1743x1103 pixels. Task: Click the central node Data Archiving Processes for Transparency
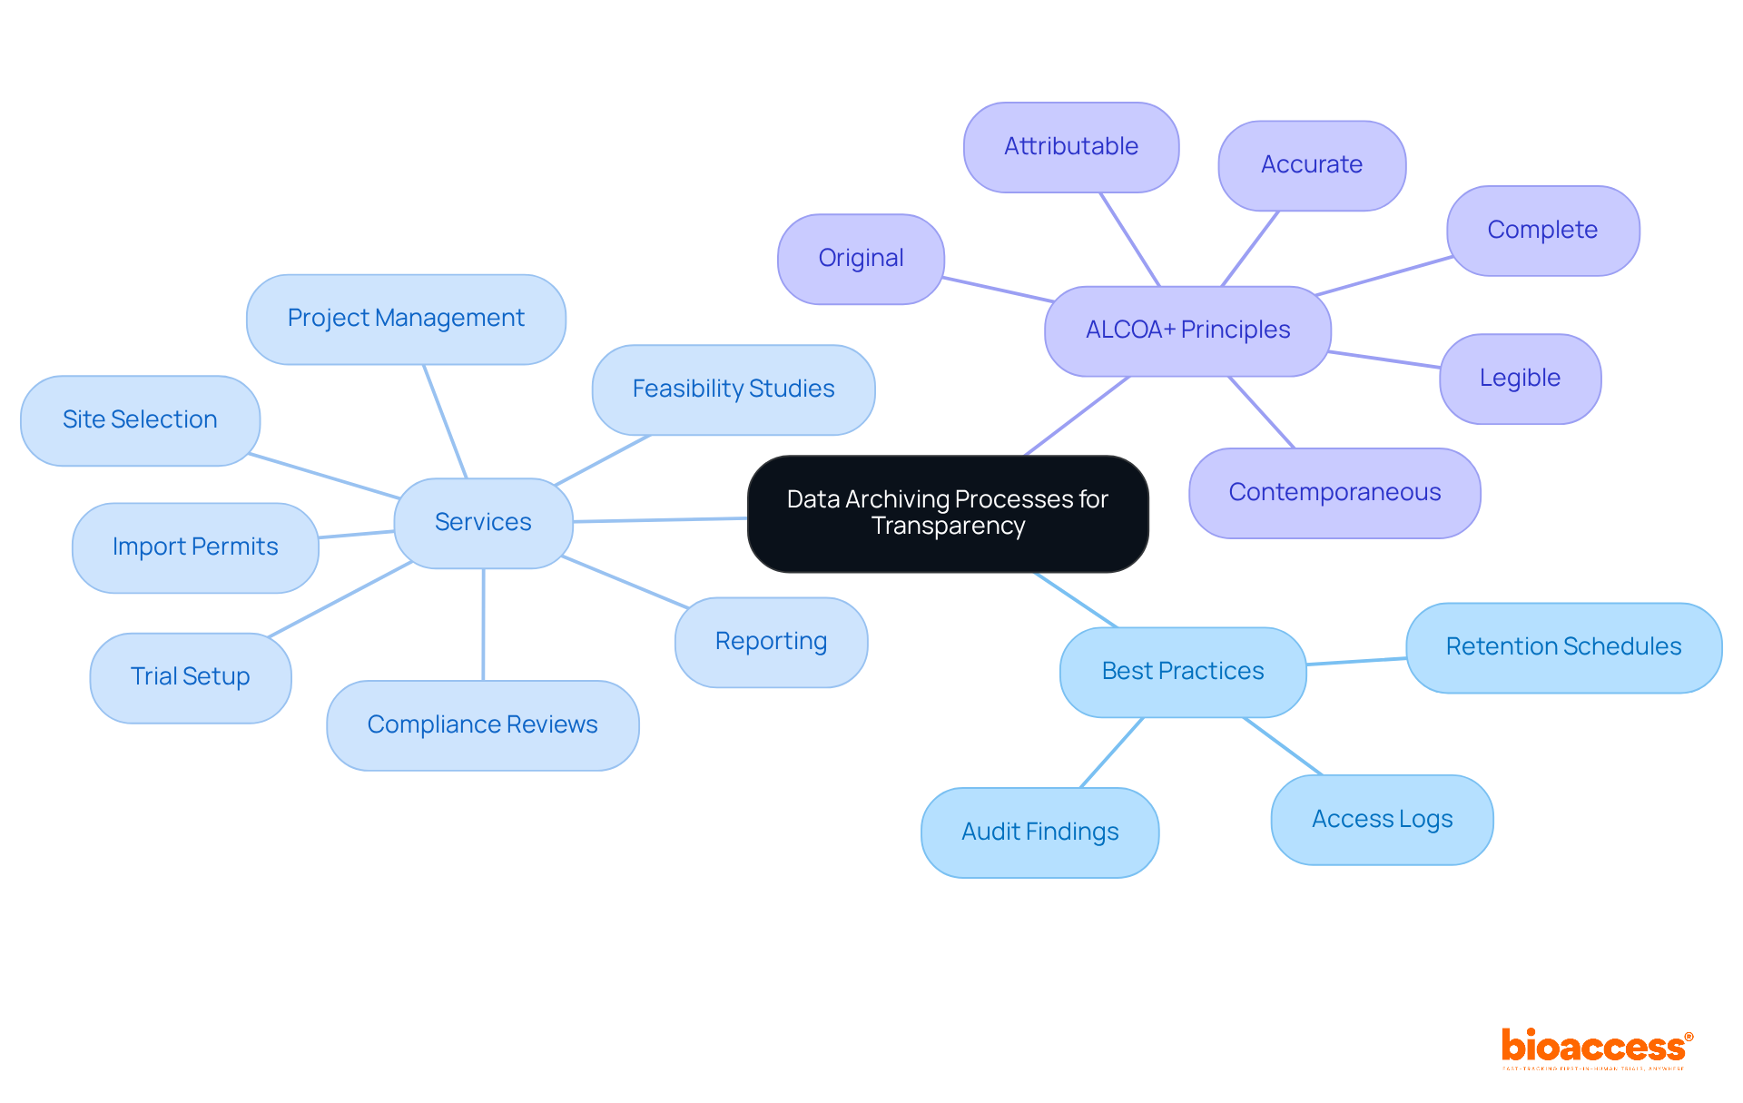coord(948,513)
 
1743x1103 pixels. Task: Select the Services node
coord(483,522)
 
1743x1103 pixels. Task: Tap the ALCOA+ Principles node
coord(1187,330)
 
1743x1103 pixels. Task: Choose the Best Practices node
coord(1183,671)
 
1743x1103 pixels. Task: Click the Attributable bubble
coord(1071,146)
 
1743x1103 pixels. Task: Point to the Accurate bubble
coord(1312,164)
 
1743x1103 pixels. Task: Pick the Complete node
coord(1542,230)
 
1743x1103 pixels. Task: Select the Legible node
coord(1520,378)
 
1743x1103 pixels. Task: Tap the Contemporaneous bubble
coord(1334,492)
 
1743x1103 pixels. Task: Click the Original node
coord(861,258)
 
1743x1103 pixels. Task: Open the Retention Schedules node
coord(1563,646)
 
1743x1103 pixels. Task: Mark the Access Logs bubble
coord(1382,819)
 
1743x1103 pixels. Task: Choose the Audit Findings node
coord(1039,832)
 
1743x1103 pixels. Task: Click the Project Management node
coord(406,318)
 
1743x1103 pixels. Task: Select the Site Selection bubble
coord(140,419)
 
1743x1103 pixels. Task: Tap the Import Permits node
coord(195,547)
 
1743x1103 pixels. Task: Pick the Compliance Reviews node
coord(482,724)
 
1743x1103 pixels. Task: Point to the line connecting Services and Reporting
coord(625,582)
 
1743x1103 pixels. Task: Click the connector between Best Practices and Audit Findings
coord(1112,753)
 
